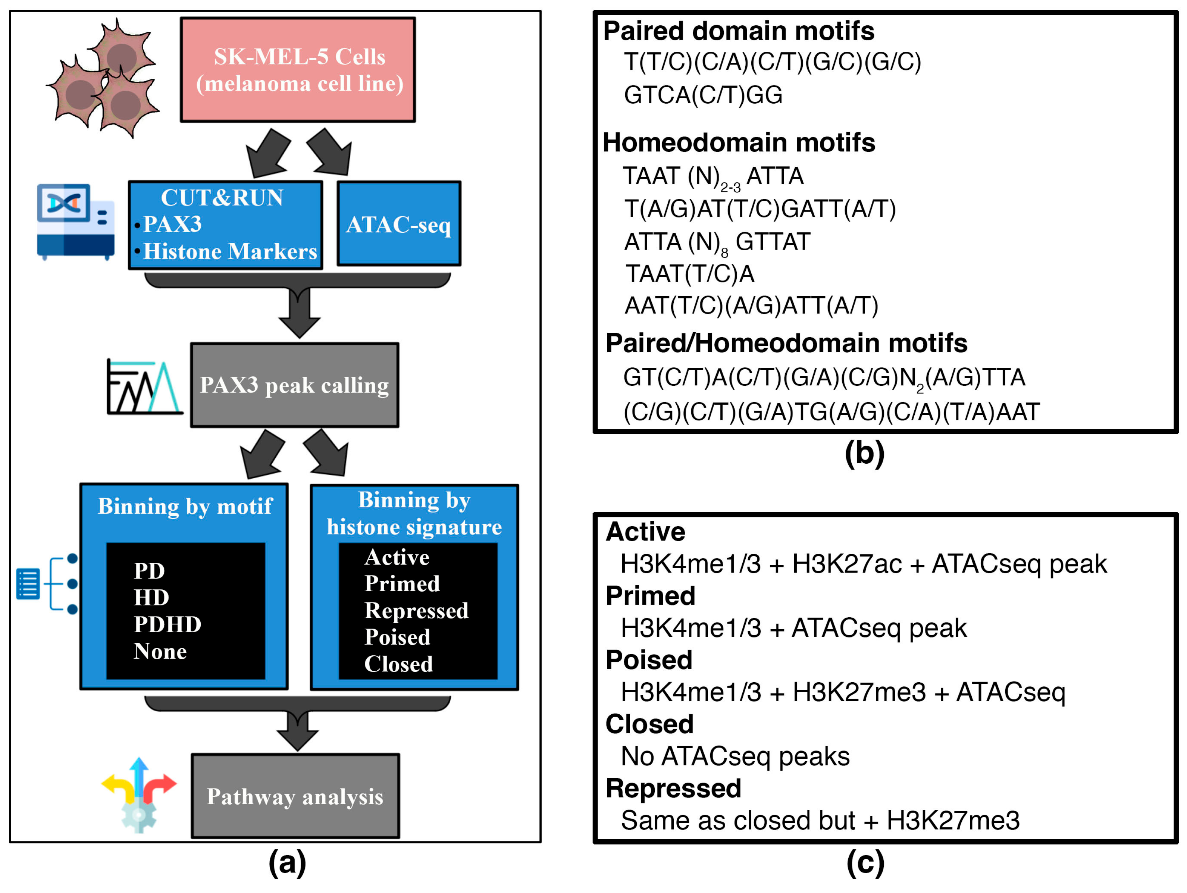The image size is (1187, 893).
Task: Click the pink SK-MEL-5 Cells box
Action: tap(298, 70)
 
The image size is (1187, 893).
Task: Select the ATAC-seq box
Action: tap(399, 224)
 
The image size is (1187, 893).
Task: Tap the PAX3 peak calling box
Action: tap(295, 385)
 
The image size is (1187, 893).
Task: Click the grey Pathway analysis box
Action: tap(295, 796)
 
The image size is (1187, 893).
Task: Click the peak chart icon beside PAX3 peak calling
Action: tap(144, 387)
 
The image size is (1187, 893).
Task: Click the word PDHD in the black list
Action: tap(167, 624)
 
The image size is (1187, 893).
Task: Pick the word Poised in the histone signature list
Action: tap(397, 637)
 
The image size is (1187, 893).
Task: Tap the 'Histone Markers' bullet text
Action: tap(230, 251)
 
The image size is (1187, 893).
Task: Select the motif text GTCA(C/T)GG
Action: tap(703, 95)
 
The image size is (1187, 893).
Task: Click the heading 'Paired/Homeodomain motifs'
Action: tap(786, 343)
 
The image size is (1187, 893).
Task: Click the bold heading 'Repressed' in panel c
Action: tap(673, 788)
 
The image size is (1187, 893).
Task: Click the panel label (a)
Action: tap(287, 862)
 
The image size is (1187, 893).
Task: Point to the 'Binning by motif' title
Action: tap(185, 506)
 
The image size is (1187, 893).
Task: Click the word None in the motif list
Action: tap(160, 651)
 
